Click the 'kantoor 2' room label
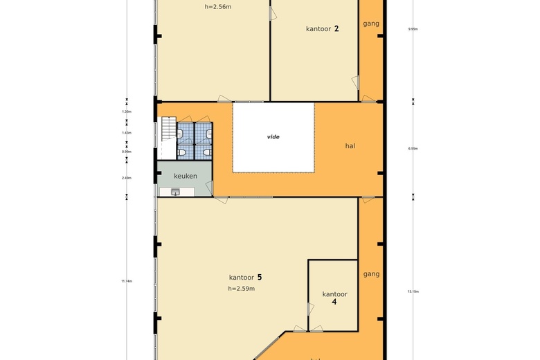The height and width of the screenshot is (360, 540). (x=322, y=29)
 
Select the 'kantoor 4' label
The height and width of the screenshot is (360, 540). (x=334, y=298)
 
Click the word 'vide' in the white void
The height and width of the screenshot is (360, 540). (x=274, y=137)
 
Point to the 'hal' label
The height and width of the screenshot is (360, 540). (x=351, y=146)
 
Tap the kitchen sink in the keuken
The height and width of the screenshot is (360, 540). (x=174, y=192)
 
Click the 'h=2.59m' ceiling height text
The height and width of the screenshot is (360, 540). (x=241, y=289)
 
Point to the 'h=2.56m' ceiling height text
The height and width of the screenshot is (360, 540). (x=219, y=7)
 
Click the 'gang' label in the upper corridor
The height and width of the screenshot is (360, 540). (x=371, y=24)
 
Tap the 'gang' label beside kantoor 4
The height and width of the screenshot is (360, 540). (x=371, y=274)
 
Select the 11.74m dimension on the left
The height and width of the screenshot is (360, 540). (x=126, y=281)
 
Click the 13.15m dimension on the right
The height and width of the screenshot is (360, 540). (x=413, y=291)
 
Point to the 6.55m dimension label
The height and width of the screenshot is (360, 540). (x=413, y=148)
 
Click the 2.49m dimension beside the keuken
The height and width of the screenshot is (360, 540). (x=126, y=178)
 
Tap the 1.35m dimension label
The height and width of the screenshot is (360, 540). (x=126, y=111)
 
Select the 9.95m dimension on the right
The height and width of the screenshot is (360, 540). (x=413, y=29)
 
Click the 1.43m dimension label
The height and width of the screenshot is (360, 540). (x=126, y=133)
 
